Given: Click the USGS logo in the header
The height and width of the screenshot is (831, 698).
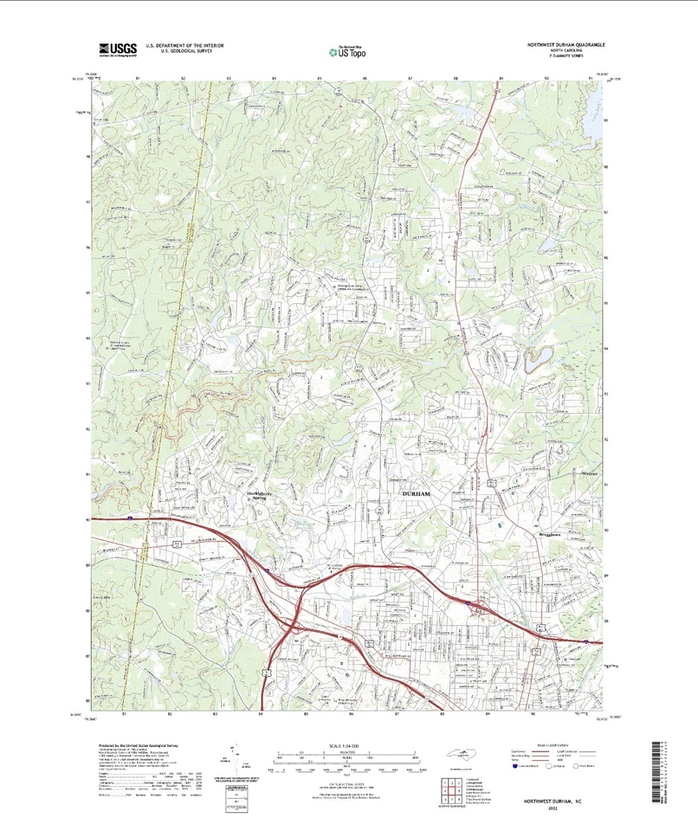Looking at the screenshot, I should (x=118, y=49).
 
